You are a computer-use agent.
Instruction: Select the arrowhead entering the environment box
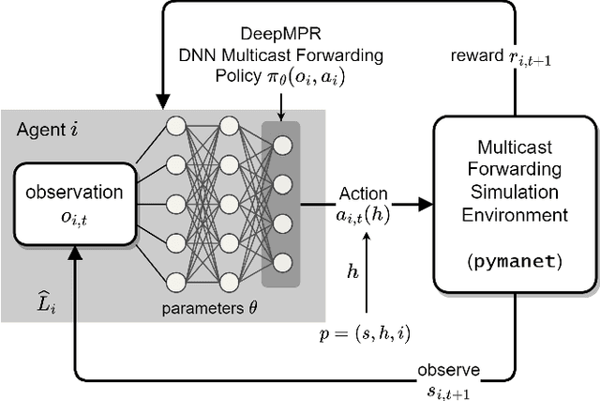[x=426, y=204]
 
